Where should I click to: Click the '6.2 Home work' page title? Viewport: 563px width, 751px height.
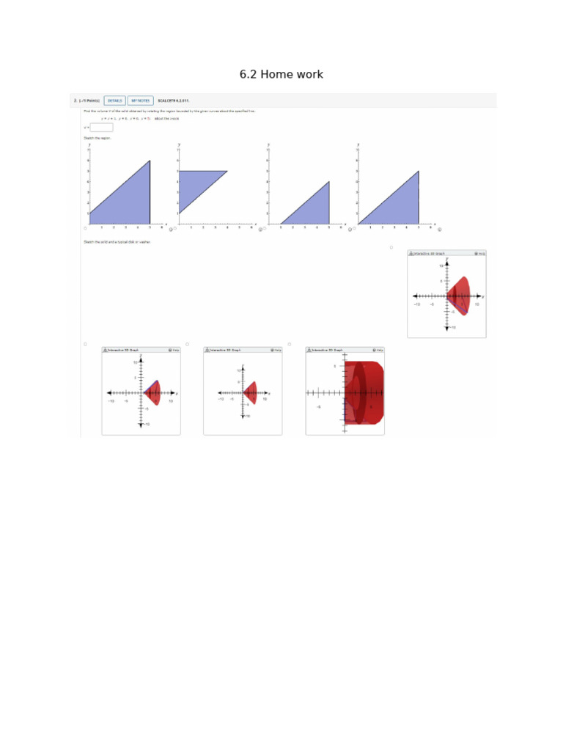coord(281,75)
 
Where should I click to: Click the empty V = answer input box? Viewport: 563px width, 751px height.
coord(101,127)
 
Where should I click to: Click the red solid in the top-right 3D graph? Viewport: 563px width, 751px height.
coord(461,295)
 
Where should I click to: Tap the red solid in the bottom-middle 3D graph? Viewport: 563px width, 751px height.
coord(251,392)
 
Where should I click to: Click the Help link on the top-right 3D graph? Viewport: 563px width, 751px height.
coord(479,254)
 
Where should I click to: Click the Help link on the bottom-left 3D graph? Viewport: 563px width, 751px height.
coord(174,351)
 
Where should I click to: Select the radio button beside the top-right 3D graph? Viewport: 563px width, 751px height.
coord(392,248)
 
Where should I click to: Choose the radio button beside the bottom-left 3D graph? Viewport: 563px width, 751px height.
coord(85,344)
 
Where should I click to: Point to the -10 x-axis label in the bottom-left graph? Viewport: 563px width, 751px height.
coord(111,401)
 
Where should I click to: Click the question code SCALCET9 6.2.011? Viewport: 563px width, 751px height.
coord(174,100)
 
